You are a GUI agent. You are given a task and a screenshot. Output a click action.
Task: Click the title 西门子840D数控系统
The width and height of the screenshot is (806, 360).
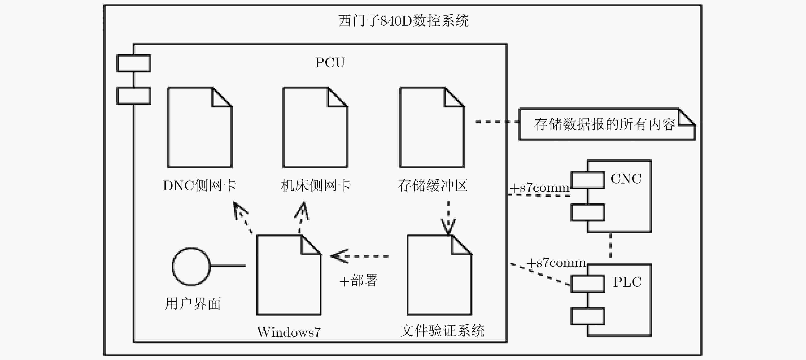tap(403, 21)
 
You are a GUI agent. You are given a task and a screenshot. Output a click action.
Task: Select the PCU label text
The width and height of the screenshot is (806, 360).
tap(330, 62)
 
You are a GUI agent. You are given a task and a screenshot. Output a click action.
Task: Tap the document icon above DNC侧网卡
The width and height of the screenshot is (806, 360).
tap(200, 127)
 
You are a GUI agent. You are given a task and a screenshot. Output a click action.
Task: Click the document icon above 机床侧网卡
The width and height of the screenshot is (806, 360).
tap(315, 127)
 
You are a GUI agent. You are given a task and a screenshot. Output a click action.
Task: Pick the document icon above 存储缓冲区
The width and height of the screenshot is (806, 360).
tap(432, 127)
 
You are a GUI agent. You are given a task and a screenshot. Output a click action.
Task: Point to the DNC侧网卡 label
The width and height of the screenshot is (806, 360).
tap(199, 185)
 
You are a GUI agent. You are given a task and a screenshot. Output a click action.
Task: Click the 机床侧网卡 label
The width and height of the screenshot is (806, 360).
tap(316, 185)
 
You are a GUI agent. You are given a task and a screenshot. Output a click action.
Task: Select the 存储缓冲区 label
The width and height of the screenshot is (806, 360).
tap(433, 185)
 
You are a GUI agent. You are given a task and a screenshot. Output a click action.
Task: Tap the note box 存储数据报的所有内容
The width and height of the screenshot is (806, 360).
tap(607, 124)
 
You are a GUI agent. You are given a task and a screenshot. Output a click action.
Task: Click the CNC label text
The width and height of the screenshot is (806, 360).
tap(626, 179)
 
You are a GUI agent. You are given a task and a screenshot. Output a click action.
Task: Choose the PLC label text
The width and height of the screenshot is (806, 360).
tap(627, 282)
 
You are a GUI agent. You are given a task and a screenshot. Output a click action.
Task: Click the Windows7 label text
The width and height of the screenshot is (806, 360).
tap(289, 332)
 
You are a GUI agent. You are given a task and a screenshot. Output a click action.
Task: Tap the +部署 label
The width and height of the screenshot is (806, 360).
tap(359, 280)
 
